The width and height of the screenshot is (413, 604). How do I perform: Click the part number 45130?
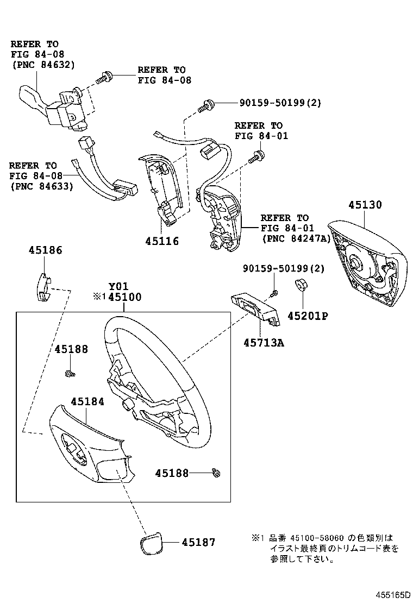tap(365, 205)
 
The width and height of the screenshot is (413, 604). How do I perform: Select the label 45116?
tap(161, 241)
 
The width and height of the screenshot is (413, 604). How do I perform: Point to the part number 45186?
tap(45, 250)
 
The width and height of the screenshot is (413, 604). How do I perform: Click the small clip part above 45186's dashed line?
tap(42, 286)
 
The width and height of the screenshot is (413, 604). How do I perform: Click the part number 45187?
tap(198, 542)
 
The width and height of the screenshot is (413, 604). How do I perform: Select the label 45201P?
tap(308, 316)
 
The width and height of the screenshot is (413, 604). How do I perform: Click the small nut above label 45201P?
tap(299, 286)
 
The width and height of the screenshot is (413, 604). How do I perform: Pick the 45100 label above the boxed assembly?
tap(124, 297)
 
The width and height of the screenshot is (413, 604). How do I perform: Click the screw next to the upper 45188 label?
tap(70, 373)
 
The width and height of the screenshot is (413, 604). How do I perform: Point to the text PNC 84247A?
tap(296, 238)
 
